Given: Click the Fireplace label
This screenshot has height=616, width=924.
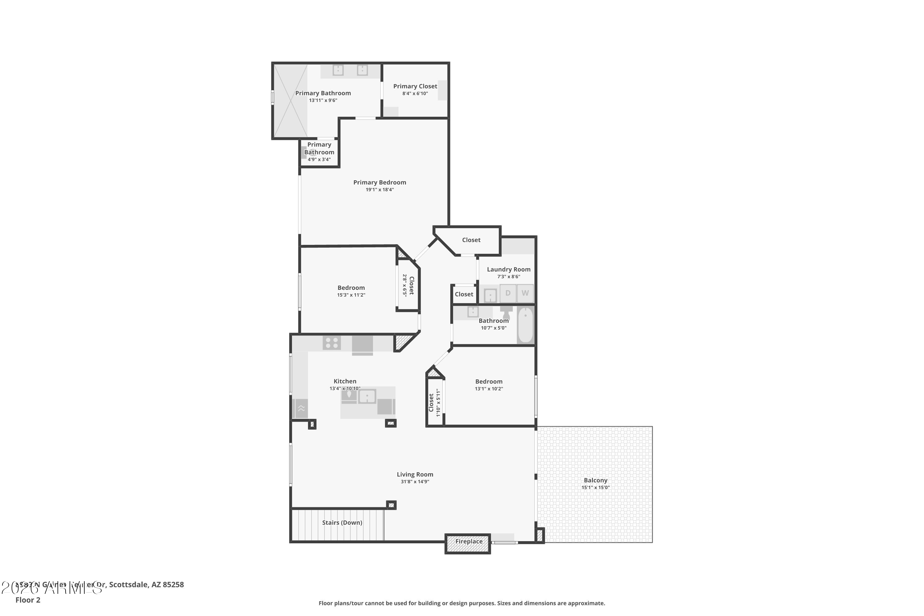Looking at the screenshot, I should pos(469,541).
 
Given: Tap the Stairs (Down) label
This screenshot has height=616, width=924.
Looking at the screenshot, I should pos(342,522).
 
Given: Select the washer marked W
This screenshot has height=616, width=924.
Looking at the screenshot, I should pos(525,293).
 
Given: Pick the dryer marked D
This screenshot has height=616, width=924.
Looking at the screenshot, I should pos(508,293).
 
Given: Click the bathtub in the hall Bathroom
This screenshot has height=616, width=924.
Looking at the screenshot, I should pos(525,325).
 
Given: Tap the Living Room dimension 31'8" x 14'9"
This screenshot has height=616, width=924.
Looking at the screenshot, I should pos(415,482).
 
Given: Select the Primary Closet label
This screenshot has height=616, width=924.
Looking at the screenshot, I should pos(415,86).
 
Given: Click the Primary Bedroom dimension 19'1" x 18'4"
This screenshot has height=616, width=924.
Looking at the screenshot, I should pos(379,190).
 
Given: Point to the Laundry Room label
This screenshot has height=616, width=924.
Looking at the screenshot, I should pos(509,269).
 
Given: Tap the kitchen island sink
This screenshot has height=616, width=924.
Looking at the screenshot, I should pos(367,396).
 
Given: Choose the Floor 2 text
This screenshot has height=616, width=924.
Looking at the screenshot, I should pos(28,600).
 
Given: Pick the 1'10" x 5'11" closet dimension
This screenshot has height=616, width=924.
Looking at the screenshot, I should pos(438,403).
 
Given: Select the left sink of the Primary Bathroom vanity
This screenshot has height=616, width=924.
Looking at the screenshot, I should pos(338,70).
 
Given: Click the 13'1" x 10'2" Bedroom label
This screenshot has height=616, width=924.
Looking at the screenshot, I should pos(489,382).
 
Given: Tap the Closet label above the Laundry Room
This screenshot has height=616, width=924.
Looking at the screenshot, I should pos(471,240).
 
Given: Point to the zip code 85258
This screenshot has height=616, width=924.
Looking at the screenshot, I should pos(173,585).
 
